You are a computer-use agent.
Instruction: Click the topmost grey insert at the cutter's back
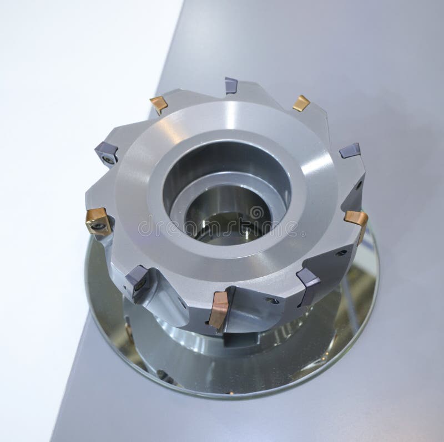point(231,85)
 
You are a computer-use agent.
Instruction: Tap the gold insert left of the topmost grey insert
point(159,104)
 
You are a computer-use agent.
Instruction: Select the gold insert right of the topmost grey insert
point(301,103)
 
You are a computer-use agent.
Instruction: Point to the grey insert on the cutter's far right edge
point(350,150)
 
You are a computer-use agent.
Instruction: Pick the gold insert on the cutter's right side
point(356,218)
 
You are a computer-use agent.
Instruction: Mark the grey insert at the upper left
point(107,153)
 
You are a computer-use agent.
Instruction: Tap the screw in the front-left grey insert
point(139,284)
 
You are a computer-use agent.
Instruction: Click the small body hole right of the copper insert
point(273,301)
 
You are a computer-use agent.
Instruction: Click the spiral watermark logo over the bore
point(256,214)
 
